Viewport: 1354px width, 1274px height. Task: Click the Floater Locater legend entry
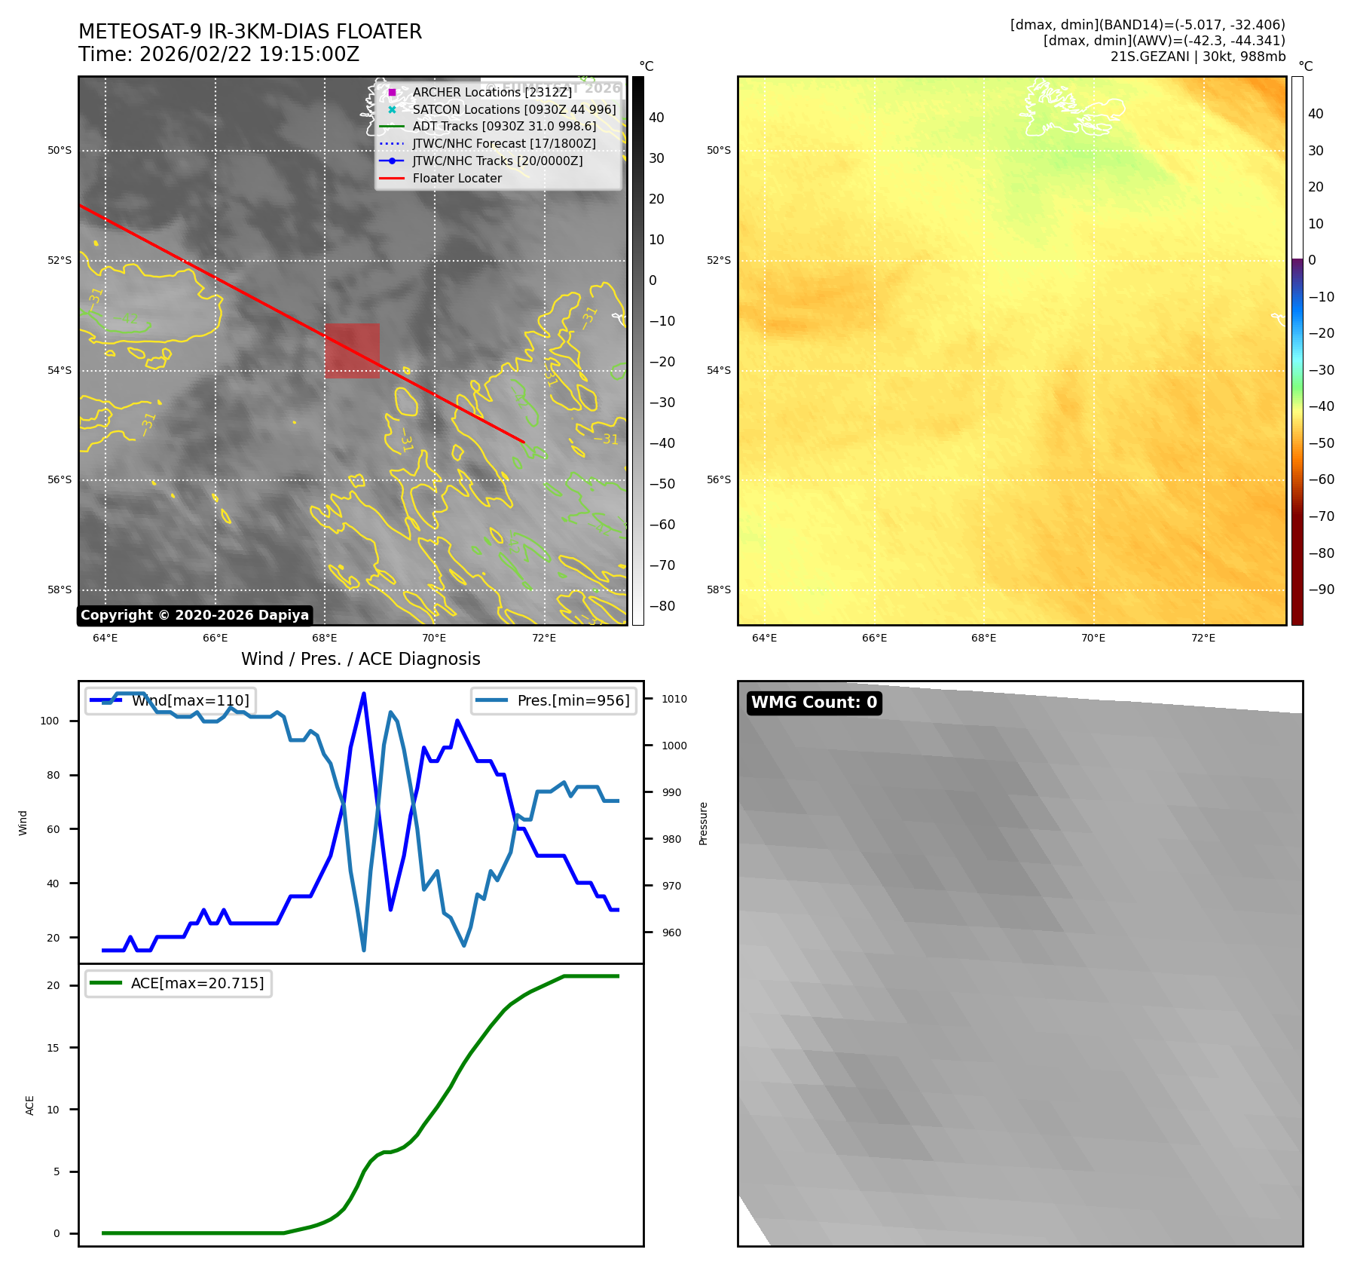pyautogui.click(x=457, y=179)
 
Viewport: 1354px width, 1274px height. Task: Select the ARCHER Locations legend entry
pyautogui.click(x=491, y=92)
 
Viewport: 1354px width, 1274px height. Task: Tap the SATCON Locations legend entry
pyautogui.click(x=514, y=109)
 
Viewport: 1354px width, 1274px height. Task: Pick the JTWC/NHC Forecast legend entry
pyautogui.click(x=503, y=144)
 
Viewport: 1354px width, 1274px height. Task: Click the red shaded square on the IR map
pyautogui.click(x=352, y=351)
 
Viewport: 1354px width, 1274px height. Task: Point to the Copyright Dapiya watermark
pyautogui.click(x=194, y=615)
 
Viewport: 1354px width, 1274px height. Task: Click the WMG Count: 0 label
pyautogui.click(x=814, y=703)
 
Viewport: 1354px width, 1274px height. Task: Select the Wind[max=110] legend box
pyautogui.click(x=170, y=700)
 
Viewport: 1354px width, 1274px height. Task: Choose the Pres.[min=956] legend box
pyautogui.click(x=554, y=700)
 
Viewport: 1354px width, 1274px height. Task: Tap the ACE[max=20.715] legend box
pyautogui.click(x=179, y=983)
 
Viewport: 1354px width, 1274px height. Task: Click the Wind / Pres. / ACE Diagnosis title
pyautogui.click(x=360, y=659)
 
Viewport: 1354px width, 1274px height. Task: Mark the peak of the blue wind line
pyautogui.click(x=364, y=694)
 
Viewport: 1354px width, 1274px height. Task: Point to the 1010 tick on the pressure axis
pyautogui.click(x=674, y=699)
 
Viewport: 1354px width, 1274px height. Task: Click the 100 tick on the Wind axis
pyautogui.click(x=50, y=721)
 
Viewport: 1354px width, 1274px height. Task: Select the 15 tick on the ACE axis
pyautogui.click(x=53, y=1048)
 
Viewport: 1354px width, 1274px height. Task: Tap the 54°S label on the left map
pyautogui.click(x=60, y=370)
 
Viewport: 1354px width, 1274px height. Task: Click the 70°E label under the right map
pyautogui.click(x=1093, y=638)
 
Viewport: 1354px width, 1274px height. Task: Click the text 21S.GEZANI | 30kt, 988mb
pyautogui.click(x=1197, y=57)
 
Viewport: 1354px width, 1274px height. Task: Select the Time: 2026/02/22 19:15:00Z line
pyautogui.click(x=219, y=54)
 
